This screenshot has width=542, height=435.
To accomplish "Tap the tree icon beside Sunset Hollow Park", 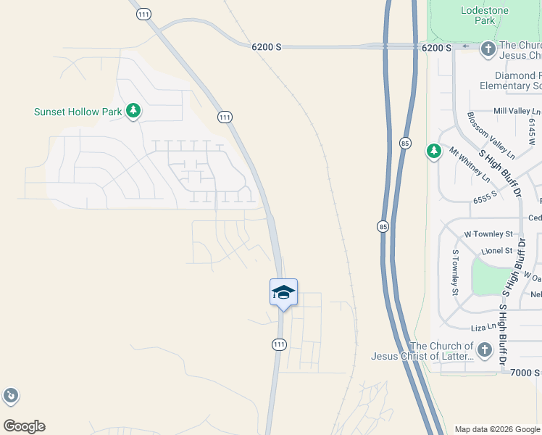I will tap(133, 111).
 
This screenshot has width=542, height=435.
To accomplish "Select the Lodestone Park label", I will tap(485, 15).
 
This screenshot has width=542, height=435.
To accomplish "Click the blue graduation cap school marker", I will tap(283, 292).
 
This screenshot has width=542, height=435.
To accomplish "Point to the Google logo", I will tap(24, 426).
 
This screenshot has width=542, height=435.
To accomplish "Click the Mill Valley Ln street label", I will tap(517, 111).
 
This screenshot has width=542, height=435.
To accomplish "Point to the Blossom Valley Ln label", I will tap(491, 136).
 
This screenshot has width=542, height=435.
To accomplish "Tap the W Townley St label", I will tap(488, 234).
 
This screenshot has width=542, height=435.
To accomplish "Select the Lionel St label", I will tap(496, 251).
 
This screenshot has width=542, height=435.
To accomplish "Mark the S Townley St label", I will tap(456, 273).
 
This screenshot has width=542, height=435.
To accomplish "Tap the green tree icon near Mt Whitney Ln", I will tap(433, 152).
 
